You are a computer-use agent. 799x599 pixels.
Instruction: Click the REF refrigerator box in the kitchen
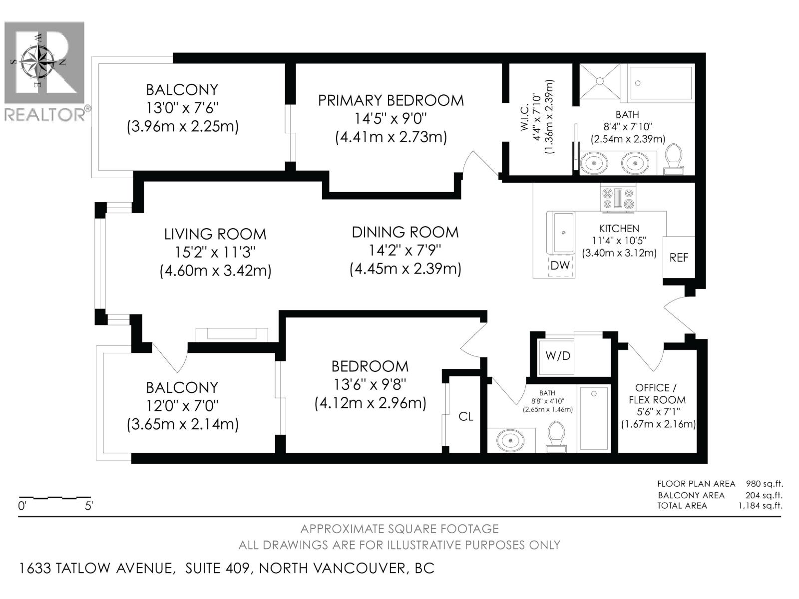(679, 257)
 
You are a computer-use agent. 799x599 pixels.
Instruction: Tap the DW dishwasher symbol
(560, 266)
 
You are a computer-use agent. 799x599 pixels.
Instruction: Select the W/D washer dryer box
(557, 356)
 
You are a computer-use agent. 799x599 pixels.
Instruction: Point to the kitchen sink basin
(564, 232)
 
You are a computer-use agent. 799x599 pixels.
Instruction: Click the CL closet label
(465, 416)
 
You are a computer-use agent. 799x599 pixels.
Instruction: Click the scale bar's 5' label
(88, 506)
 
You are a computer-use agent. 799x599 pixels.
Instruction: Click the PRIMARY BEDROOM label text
(391, 100)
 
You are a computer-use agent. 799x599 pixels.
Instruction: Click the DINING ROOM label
(405, 232)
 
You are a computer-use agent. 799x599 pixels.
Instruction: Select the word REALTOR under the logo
(45, 115)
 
